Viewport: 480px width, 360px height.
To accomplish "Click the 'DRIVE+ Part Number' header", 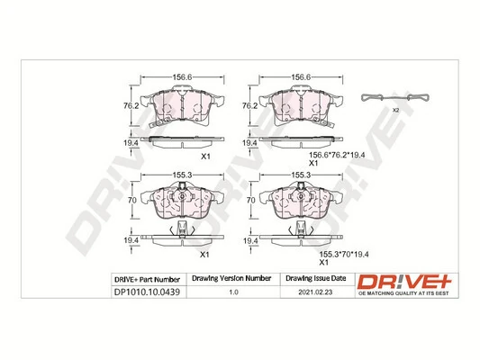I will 147,279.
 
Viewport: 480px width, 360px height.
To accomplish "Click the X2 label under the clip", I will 394,110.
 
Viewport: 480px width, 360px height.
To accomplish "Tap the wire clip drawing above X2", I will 394,97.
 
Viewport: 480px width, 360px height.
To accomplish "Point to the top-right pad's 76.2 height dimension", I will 249,105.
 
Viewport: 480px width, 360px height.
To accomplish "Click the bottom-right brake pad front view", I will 297,203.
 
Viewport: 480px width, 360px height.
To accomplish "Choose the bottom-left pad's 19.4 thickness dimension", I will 131,241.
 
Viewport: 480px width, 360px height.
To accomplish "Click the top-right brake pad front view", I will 298,108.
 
